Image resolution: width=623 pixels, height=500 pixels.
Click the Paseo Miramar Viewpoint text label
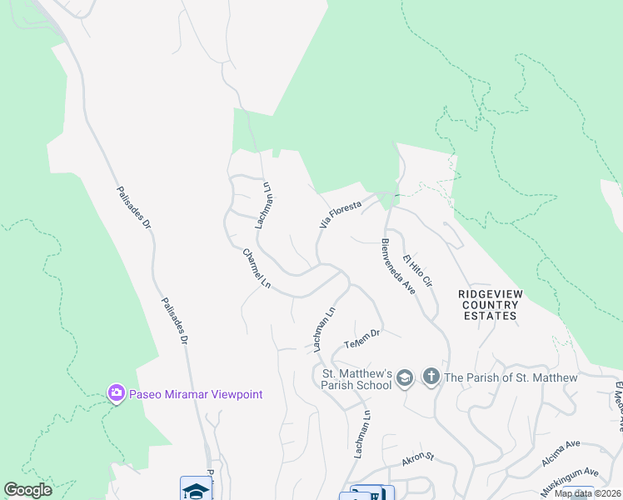196,394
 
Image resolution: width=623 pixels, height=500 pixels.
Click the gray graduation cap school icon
405,377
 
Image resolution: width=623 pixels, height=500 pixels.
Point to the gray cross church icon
431,377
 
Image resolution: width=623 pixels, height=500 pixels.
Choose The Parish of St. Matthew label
511,377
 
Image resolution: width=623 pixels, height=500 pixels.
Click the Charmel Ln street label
257,268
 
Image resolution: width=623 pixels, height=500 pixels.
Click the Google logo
28,490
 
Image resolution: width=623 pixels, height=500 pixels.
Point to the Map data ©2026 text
586,493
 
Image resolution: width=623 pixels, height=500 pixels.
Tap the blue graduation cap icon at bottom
196,490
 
